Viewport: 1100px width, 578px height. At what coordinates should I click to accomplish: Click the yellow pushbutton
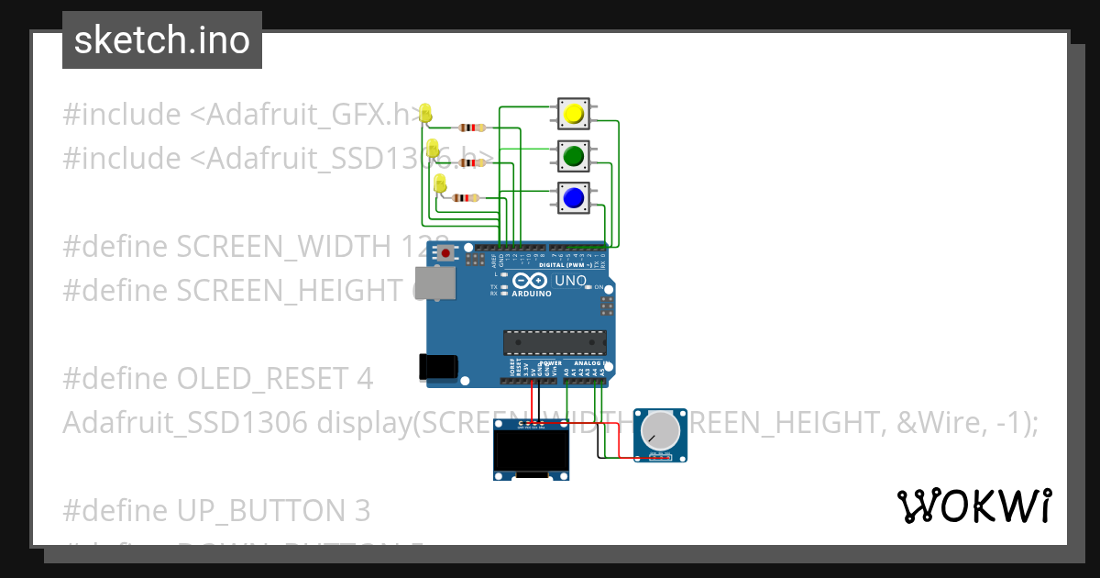574,114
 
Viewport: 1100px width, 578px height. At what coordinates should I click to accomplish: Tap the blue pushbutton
574,197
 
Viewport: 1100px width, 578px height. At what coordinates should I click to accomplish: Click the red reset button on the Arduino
446,252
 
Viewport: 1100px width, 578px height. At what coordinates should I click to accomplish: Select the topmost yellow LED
425,114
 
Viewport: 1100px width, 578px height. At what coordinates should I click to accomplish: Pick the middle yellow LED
434,148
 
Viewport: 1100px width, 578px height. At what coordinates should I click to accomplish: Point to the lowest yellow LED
440,184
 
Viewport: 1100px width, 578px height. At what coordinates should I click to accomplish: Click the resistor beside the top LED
472,128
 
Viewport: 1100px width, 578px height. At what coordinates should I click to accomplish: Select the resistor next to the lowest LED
467,197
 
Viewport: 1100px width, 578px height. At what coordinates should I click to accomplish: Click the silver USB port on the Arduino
435,283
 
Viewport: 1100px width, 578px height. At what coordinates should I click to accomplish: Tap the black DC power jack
435,366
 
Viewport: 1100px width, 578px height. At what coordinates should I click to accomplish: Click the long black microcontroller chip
554,342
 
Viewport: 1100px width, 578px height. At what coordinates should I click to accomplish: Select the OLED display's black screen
531,450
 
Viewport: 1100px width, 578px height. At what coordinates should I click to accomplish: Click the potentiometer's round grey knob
659,429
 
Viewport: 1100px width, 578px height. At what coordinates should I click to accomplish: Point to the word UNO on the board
571,280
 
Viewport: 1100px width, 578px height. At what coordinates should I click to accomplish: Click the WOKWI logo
973,506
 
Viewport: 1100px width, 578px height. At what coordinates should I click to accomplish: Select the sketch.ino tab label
162,40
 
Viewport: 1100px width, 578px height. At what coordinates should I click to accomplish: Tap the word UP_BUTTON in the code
249,509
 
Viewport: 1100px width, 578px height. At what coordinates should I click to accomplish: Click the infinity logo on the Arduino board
532,281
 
